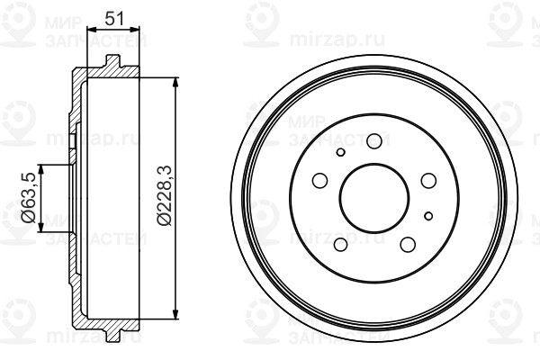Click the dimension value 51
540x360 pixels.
(114, 18)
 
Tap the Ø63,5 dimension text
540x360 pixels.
(28, 198)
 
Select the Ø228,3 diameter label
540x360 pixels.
(164, 195)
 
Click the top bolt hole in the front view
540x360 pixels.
(374, 141)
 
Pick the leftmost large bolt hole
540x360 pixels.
(319, 181)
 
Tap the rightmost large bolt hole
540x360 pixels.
(428, 181)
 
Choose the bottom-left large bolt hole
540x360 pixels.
(340, 244)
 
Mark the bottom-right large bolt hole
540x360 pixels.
(408, 244)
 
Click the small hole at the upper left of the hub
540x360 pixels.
(340, 152)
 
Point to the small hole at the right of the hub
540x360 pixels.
(428, 216)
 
